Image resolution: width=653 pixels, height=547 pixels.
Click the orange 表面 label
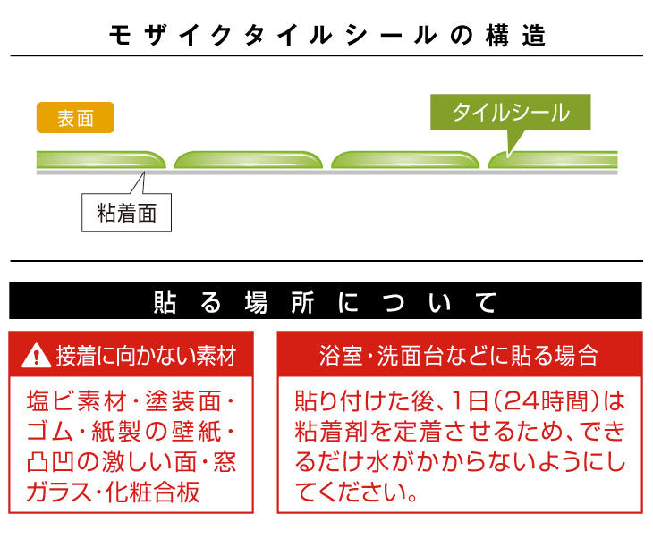pos(75,118)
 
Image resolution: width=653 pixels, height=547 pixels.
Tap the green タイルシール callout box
pos(510,113)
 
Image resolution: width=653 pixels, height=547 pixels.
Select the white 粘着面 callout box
pos(127,213)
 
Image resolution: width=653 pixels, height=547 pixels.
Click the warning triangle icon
pos(37,356)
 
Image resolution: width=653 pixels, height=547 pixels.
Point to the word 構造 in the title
pos(515,36)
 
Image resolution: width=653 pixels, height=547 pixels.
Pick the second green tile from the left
pos(249,160)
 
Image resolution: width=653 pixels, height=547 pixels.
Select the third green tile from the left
pos(405,160)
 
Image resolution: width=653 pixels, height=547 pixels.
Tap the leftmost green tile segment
pos(101,160)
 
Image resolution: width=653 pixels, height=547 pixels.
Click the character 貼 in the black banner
pos(165,302)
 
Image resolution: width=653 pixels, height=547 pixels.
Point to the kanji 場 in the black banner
pos(256,302)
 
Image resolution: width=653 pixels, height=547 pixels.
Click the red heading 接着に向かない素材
pos(146,356)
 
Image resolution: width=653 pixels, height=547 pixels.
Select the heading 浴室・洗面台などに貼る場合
pos(459,356)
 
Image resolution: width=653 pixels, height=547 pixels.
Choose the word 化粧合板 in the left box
pos(153,492)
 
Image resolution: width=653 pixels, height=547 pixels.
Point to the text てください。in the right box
pos(356,492)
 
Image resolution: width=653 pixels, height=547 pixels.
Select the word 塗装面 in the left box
pos(183,401)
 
